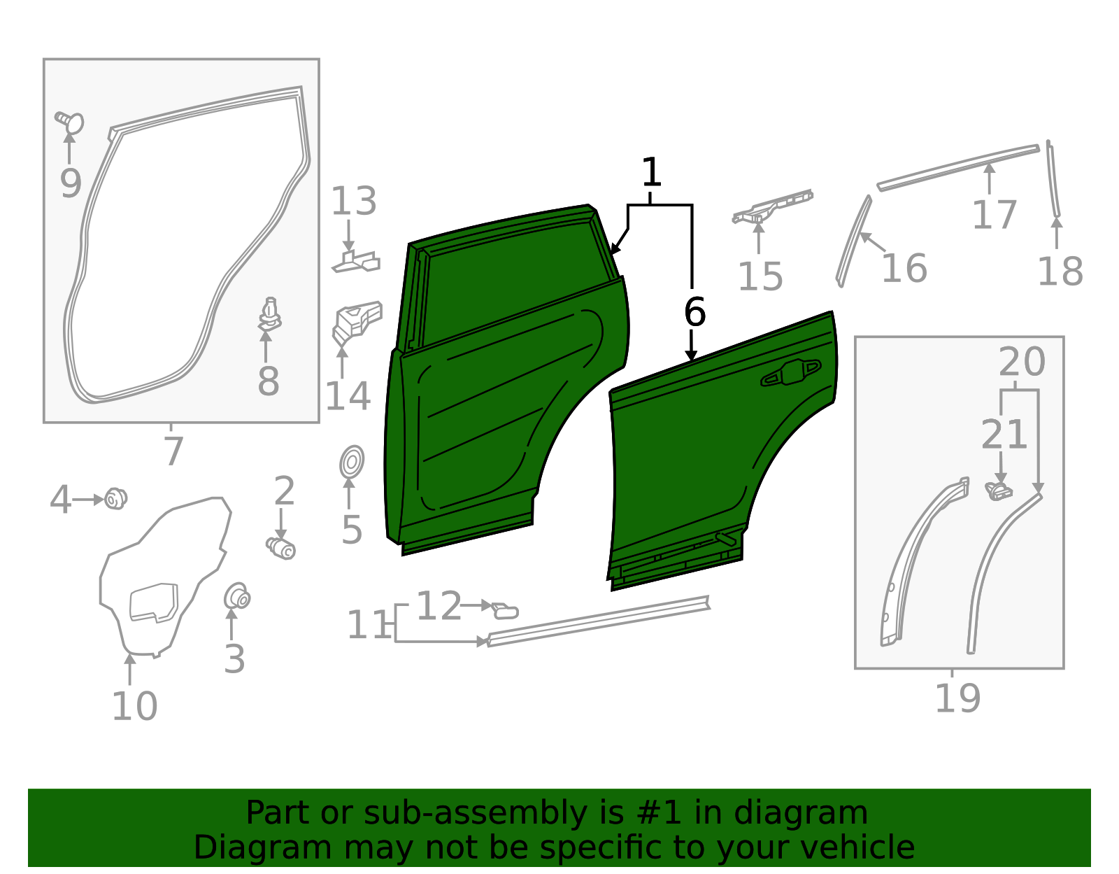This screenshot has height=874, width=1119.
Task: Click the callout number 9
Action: tap(70, 183)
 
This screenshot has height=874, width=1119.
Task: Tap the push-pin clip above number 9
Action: tap(70, 122)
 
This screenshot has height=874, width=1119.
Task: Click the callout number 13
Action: tap(353, 202)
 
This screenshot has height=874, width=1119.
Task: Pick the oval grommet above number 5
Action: tap(352, 463)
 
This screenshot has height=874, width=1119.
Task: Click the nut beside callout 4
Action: tap(115, 499)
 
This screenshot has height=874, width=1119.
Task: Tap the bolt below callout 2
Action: tap(281, 548)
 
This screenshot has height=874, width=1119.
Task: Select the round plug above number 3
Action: tap(236, 597)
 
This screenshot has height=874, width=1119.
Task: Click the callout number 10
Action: tap(134, 706)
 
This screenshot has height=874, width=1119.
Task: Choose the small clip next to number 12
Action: tap(505, 611)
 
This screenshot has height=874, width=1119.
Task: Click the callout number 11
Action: tap(369, 625)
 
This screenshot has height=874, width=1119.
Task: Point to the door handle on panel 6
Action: tap(791, 374)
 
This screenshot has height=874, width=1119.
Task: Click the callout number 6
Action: tap(694, 312)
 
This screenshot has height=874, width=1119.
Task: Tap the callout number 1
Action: tap(651, 172)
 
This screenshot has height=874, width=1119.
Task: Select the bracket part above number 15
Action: tap(773, 206)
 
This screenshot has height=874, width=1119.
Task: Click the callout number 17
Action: tap(994, 215)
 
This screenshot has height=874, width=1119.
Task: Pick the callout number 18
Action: tap(1060, 272)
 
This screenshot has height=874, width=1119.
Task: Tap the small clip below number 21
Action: tap(998, 491)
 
